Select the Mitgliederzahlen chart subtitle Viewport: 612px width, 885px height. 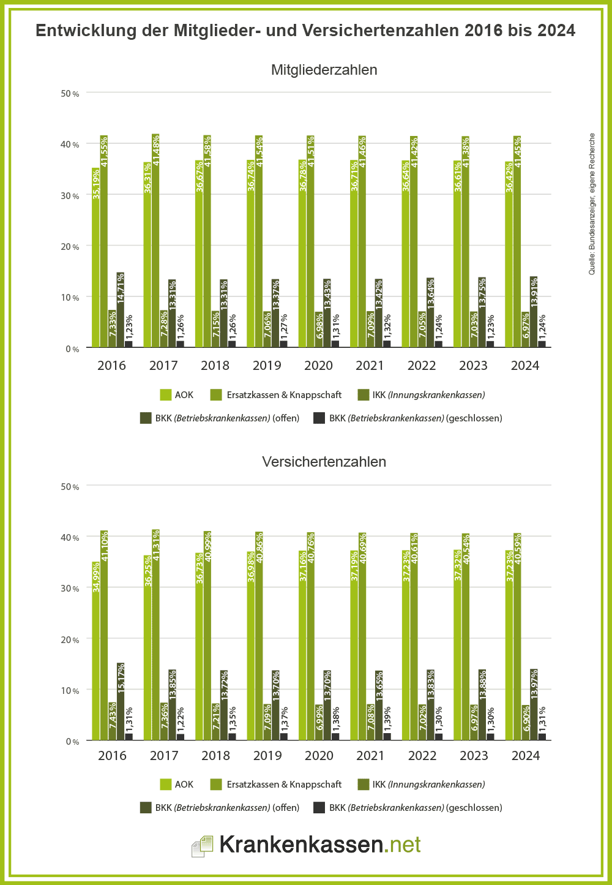(x=324, y=70)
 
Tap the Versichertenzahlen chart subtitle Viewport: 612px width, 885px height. (x=324, y=462)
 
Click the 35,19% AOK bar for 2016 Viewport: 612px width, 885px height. (x=96, y=257)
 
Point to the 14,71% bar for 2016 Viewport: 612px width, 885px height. (x=121, y=310)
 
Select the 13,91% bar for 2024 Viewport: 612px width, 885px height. (x=534, y=312)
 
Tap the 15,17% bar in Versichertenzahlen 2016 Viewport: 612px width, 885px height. (x=121, y=701)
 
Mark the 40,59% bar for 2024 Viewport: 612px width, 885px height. (x=517, y=636)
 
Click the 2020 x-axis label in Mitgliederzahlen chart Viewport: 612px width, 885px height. (x=318, y=366)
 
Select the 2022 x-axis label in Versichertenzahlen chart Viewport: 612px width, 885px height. (x=422, y=756)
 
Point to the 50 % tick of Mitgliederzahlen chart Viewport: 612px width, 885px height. (x=70, y=94)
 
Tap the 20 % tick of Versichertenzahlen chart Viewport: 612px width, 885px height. (x=70, y=640)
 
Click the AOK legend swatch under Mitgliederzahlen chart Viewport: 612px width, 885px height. (x=165, y=395)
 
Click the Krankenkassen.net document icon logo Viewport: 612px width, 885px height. (x=203, y=846)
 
